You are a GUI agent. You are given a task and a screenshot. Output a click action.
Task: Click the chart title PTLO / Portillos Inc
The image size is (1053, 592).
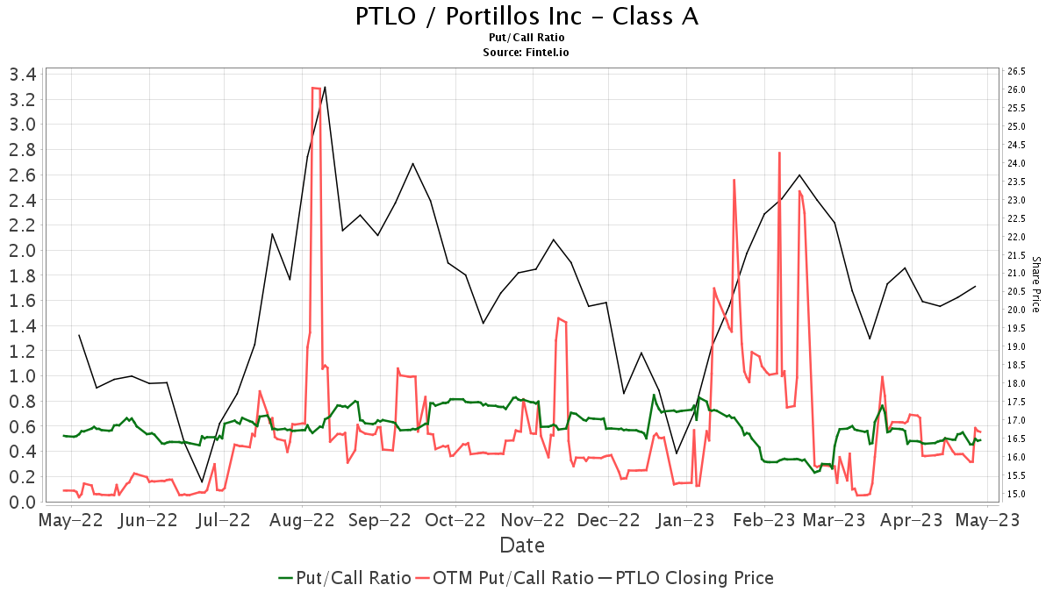[526, 17]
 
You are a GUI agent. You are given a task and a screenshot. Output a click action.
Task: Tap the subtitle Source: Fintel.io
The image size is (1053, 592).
[526, 52]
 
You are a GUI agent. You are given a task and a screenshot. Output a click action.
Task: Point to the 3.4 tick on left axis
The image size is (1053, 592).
[22, 74]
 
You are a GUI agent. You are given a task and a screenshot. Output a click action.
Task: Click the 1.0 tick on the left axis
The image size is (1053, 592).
[22, 376]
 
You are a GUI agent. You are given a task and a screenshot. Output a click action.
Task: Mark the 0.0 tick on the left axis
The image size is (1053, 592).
[22, 502]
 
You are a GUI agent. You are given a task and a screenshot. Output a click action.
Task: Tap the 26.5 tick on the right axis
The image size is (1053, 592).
[1017, 72]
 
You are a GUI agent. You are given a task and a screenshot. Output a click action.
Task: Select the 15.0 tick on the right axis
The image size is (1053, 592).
[1017, 494]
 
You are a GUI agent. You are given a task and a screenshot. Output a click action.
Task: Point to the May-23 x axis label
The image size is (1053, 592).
[989, 520]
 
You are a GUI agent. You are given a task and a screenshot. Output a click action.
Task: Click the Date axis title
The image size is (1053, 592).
[522, 546]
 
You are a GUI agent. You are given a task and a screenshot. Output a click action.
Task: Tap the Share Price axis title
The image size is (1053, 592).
[1035, 284]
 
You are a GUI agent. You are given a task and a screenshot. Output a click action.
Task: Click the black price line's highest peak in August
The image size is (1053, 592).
[326, 87]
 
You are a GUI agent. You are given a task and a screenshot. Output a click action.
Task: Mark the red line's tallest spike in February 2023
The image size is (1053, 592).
[779, 153]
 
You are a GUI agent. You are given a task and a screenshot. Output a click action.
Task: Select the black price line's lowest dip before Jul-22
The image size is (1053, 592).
[202, 482]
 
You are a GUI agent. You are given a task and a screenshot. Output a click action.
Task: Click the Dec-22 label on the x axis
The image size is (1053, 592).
[608, 520]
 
